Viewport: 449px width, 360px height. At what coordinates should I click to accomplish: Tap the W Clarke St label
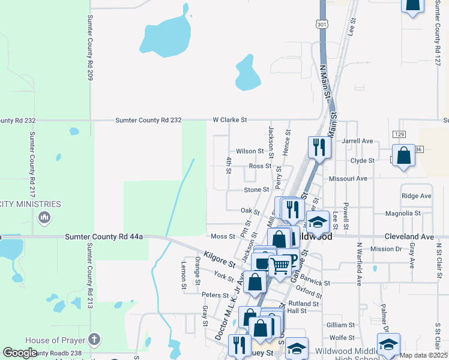pyautogui.click(x=230, y=120)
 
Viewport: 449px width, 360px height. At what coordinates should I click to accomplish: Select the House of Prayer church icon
pyautogui.click(x=94, y=339)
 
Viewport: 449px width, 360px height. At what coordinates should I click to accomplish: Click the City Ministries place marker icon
pyautogui.click(x=43, y=217)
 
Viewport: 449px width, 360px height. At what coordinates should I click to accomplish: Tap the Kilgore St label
pyautogui.click(x=219, y=259)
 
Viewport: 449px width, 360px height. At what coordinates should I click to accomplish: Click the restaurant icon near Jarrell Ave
pyautogui.click(x=319, y=147)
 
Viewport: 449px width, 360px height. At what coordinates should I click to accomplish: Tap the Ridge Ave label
pyautogui.click(x=417, y=196)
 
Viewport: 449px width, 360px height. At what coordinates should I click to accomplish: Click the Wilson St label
pyautogui.click(x=250, y=151)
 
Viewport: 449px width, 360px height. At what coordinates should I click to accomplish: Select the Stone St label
pyautogui.click(x=256, y=190)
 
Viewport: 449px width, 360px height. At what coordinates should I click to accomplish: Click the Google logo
pyautogui.click(x=20, y=352)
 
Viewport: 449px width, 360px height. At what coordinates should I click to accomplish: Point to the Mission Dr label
pyautogui.click(x=385, y=249)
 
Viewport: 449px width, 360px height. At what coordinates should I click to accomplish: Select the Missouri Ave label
pyautogui.click(x=348, y=179)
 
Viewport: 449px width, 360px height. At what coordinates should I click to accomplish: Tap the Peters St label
pyautogui.click(x=215, y=295)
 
